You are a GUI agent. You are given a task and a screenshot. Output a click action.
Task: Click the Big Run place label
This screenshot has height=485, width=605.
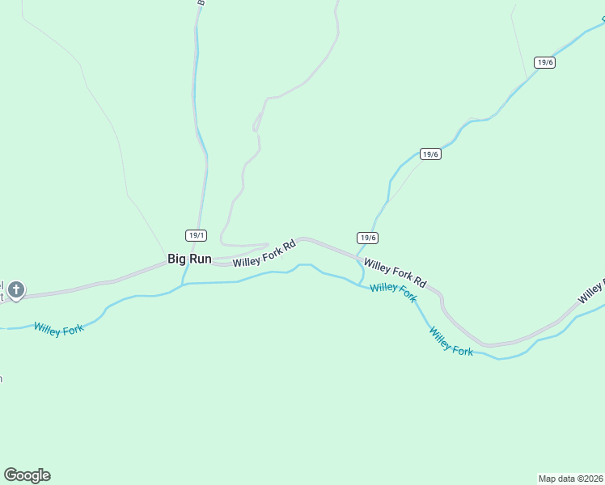pos(189,259)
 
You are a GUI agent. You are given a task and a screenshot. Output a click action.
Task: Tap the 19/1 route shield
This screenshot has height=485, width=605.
pos(196,235)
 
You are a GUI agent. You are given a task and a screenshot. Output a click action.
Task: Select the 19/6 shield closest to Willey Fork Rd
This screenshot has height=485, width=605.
pos(368,238)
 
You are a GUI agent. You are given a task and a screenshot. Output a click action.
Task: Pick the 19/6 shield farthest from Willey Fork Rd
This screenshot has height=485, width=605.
pos(544,62)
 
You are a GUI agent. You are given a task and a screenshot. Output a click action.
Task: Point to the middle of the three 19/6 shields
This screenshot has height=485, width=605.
pos(430,154)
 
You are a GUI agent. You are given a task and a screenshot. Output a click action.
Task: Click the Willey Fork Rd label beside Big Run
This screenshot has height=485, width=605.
pos(264,254)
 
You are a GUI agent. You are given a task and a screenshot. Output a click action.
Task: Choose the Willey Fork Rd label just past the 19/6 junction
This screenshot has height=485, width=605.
pos(395,272)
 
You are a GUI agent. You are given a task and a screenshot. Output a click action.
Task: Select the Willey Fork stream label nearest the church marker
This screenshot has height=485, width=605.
pos(59,329)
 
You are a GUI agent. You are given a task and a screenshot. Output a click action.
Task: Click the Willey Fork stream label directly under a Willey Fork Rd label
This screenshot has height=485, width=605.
pos(393,293)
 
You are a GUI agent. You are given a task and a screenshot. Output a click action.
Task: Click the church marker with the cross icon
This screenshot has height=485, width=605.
pos(15,289)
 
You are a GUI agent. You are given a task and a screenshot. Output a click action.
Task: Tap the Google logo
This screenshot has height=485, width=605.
pos(27,475)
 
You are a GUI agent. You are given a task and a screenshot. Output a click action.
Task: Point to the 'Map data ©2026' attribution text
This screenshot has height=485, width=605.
pos(571,478)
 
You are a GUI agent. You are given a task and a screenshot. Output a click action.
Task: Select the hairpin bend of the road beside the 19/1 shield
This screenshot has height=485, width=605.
pos(222,243)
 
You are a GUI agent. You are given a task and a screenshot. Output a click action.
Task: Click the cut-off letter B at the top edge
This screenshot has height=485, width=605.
pos(201,3)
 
